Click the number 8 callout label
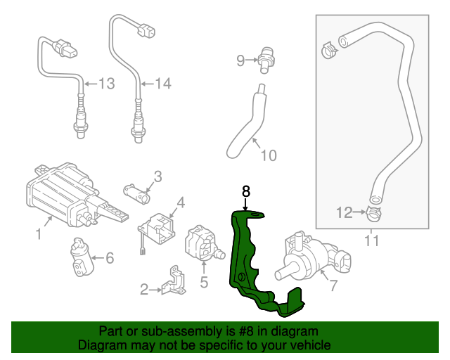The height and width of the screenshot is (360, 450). pos(245,191)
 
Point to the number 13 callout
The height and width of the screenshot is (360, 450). pos(105,84)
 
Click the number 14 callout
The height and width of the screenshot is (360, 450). pos(162,84)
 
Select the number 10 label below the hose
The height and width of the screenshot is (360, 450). pos(269,155)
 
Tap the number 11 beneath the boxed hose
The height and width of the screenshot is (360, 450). pos(371,241)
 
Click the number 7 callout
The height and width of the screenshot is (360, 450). pos(333,285)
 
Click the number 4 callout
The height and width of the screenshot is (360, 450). pos(181,203)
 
